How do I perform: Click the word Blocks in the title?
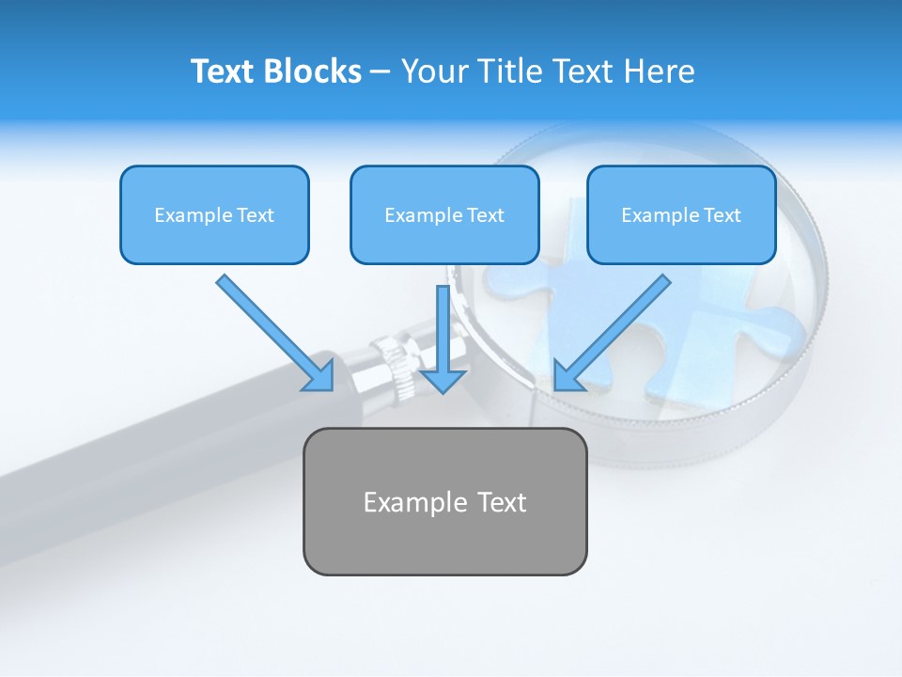pyautogui.click(x=313, y=71)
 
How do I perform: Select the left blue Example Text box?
pyautogui.click(x=214, y=215)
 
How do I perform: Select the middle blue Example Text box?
pyautogui.click(x=444, y=215)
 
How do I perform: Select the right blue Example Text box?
pyautogui.click(x=681, y=215)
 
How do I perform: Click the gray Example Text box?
pyautogui.click(x=445, y=501)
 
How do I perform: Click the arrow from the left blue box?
pyautogui.click(x=272, y=329)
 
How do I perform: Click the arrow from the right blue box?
pyautogui.click(x=615, y=329)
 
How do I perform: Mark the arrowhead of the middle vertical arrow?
pyautogui.click(x=443, y=380)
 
